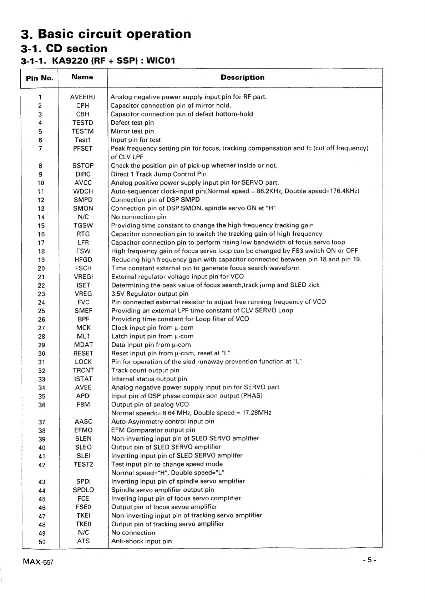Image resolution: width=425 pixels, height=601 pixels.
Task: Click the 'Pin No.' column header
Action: [40, 78]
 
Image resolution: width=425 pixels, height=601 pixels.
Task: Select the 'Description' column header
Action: [242, 77]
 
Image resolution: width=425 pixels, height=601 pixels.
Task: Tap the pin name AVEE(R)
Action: [82, 97]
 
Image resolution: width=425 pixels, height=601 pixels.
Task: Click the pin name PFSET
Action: [82, 148]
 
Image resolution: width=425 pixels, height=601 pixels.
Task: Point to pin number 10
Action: [41, 183]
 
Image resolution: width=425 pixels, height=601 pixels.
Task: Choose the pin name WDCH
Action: [83, 191]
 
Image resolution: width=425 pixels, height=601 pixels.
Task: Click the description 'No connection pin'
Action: [138, 217]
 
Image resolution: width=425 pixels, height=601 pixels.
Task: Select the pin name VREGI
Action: [83, 277]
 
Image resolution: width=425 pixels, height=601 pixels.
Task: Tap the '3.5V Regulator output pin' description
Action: [150, 294]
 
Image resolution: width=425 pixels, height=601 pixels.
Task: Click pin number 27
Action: [41, 328]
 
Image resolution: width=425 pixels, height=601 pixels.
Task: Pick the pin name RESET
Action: [83, 353]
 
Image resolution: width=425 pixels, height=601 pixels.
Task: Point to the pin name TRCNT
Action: [83, 370]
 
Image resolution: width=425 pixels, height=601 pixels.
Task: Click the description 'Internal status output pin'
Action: [149, 379]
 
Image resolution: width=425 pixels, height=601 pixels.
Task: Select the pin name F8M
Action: [83, 405]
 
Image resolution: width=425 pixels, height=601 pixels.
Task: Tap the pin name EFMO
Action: [83, 430]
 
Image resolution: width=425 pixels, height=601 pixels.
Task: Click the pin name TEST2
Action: [83, 465]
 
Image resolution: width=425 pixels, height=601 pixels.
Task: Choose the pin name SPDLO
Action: [83, 490]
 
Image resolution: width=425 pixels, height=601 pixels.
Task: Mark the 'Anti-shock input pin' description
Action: [141, 541]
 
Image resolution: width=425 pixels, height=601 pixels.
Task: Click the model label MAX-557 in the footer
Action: [38, 561]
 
